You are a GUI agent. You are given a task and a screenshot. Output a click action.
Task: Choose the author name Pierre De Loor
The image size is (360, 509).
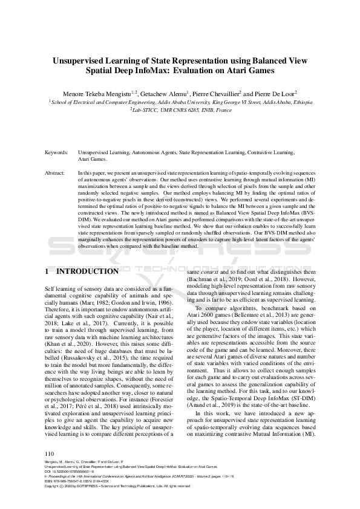(273, 94)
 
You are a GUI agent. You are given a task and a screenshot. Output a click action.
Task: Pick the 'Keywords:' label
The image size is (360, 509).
(57, 153)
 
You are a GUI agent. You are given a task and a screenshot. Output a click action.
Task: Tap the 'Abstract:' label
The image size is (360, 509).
(56, 173)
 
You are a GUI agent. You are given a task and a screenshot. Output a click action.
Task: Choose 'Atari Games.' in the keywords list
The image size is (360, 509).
(93, 160)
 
